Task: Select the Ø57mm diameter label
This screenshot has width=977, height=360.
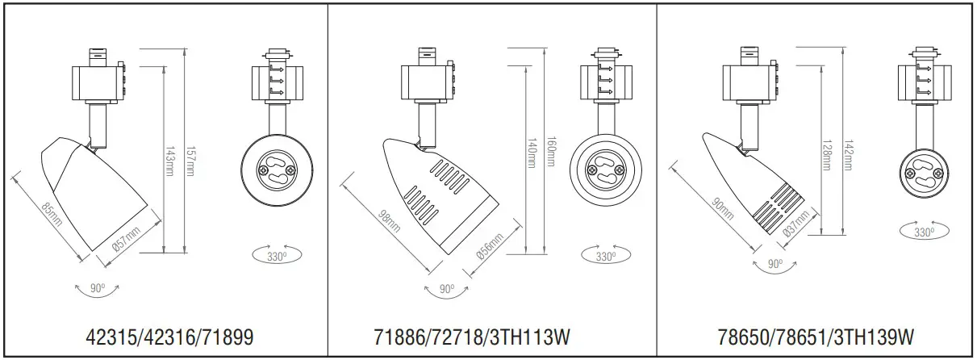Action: click(127, 241)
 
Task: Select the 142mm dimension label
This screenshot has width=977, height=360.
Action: click(847, 153)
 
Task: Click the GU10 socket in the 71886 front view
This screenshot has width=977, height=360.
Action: click(603, 170)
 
